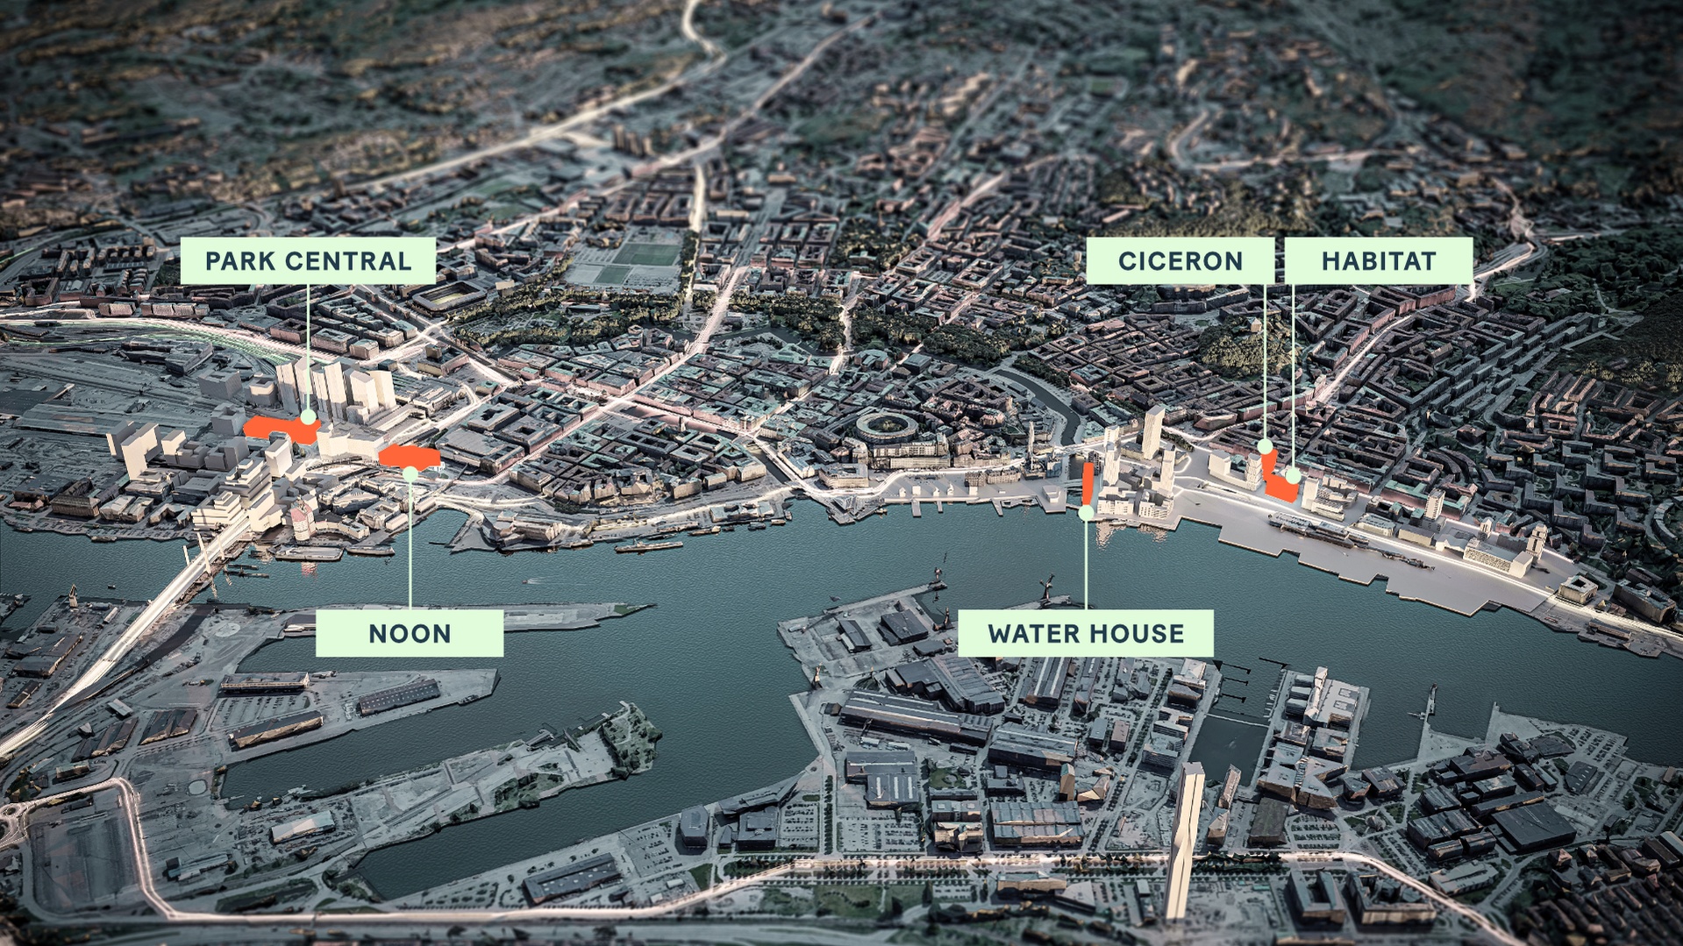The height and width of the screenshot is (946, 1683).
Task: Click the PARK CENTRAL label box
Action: pos(308,260)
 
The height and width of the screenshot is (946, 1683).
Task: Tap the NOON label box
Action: pos(410,633)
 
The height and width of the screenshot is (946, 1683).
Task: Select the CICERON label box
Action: pos(1180,260)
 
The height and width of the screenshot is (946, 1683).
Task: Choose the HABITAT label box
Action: pos(1378,260)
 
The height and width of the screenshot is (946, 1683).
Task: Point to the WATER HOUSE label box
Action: pos(1086,633)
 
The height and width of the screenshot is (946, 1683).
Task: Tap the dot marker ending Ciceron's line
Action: pos(1266,447)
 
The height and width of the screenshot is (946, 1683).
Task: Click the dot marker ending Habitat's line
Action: pos(1294,476)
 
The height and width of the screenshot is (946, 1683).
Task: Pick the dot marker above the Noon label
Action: pos(410,474)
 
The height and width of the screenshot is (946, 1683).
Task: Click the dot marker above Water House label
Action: pos(1086,512)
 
